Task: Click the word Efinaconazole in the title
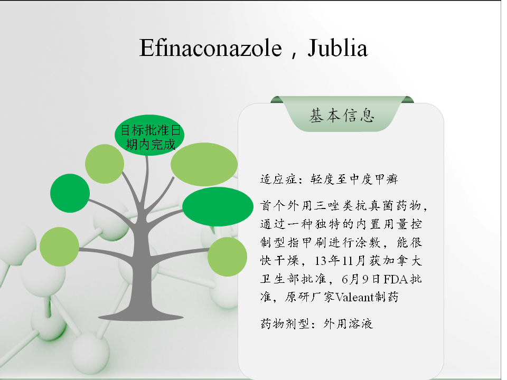pyautogui.click(x=211, y=48)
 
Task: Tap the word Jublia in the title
pyautogui.click(x=337, y=48)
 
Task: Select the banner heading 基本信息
pyautogui.click(x=342, y=116)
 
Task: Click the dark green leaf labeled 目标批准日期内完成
pyautogui.click(x=149, y=135)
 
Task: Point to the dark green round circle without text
pyautogui.click(x=70, y=193)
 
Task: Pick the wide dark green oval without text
pyautogui.click(x=218, y=207)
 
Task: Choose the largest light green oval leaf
pyautogui.click(x=204, y=165)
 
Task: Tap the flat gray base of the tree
pyautogui.click(x=141, y=316)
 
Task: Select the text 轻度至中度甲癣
pyautogui.click(x=354, y=179)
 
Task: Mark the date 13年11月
pyautogui.click(x=341, y=260)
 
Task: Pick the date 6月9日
pyautogui.click(x=361, y=279)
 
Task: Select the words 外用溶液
pyautogui.click(x=348, y=324)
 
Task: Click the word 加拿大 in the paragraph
pyautogui.click(x=402, y=260)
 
